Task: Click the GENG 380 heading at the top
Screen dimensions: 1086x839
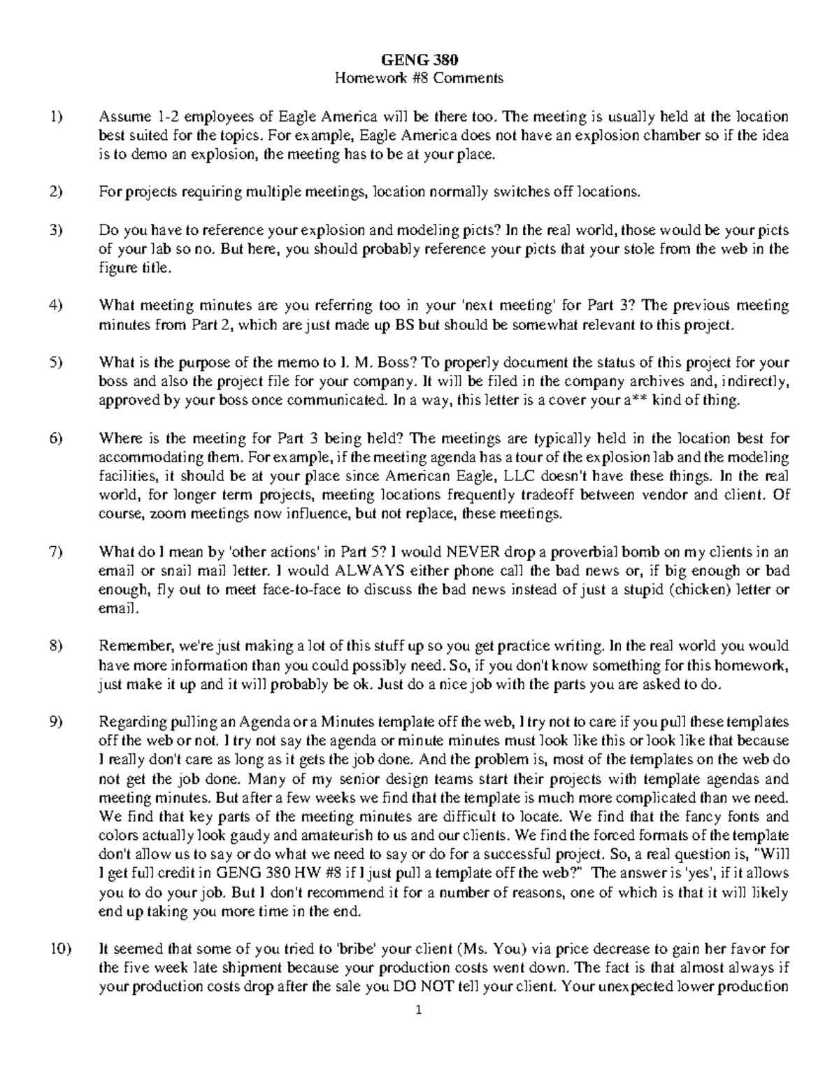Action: click(x=419, y=59)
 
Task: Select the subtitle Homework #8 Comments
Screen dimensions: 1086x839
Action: click(x=419, y=78)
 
